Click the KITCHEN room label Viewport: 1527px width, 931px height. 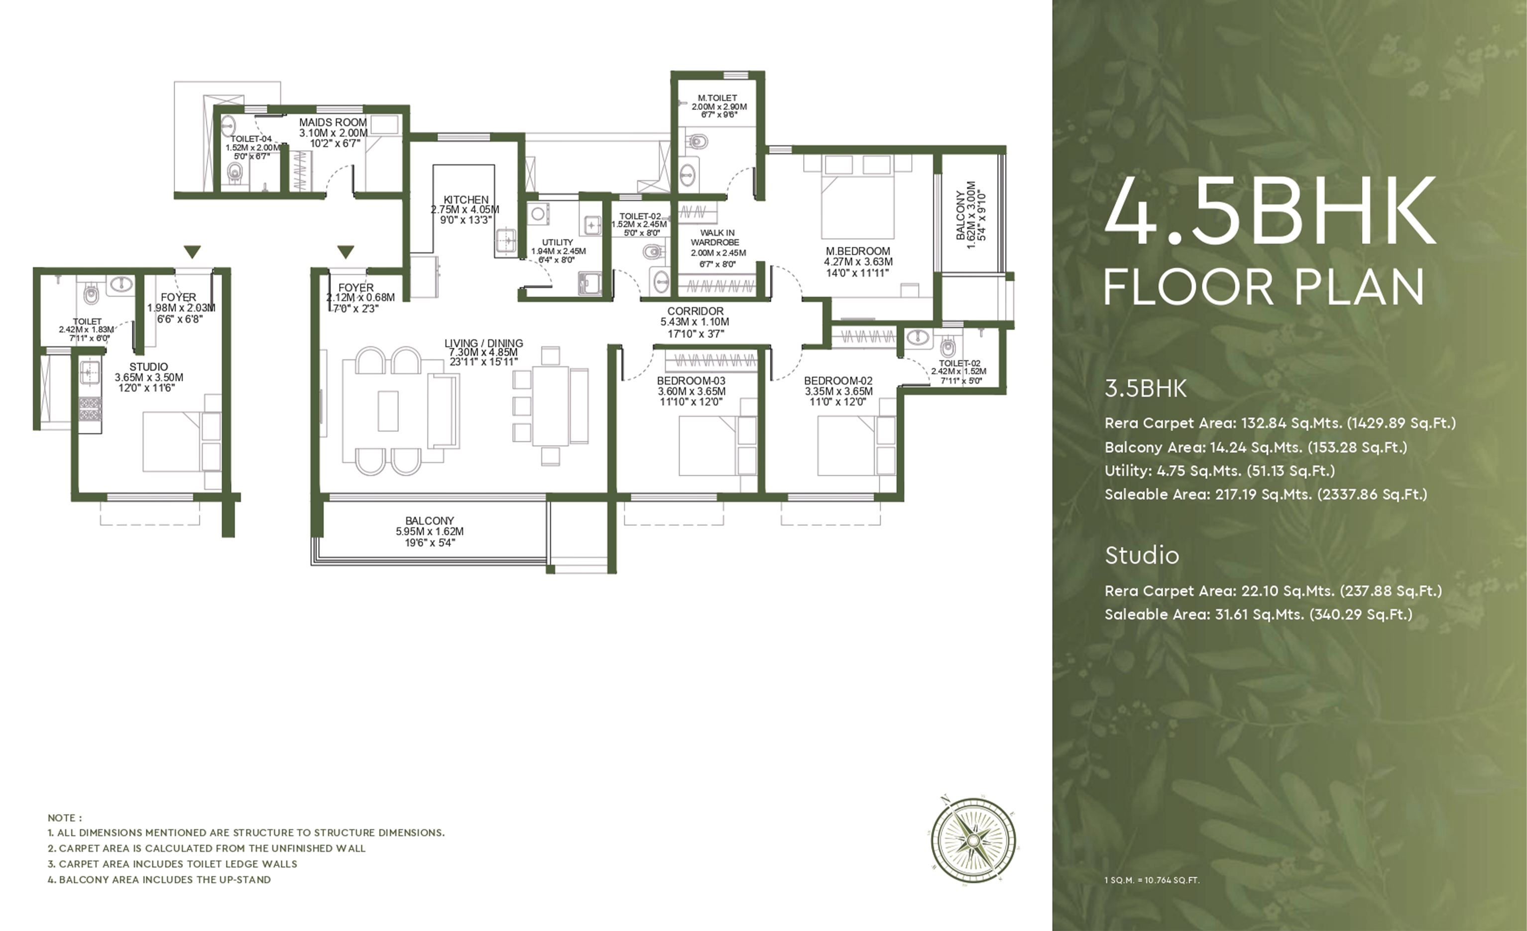pos(466,200)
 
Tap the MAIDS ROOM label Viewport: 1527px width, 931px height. pos(333,122)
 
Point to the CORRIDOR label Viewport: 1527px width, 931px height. pos(696,311)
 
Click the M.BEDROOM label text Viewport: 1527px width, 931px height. pos(858,251)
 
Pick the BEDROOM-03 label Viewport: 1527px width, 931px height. pos(691,380)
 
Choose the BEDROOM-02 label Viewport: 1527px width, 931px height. pos(838,380)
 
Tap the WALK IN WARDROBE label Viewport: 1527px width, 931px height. pos(716,237)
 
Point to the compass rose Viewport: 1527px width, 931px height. pos(973,839)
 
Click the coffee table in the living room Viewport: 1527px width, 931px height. pos(388,411)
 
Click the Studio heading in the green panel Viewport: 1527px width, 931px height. pos(1142,555)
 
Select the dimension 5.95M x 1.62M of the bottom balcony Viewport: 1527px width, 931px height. pos(430,531)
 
